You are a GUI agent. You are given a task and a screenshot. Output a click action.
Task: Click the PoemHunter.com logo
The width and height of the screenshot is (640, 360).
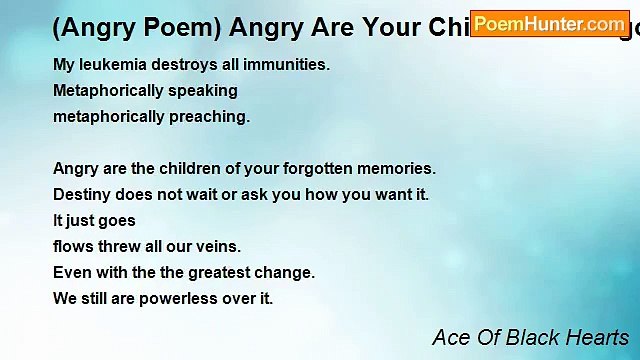(550, 22)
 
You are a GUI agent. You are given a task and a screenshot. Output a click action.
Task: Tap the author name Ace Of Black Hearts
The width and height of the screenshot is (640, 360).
(530, 337)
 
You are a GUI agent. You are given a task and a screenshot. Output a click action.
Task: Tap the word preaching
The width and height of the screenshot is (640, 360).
(209, 117)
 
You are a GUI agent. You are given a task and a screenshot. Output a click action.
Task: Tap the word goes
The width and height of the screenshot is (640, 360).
(115, 221)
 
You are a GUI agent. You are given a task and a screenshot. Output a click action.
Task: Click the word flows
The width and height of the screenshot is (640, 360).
(71, 247)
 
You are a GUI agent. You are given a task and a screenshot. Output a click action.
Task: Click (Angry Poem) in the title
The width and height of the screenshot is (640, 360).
(111, 24)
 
